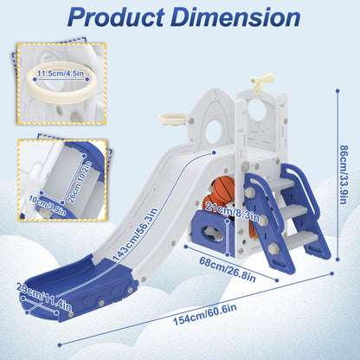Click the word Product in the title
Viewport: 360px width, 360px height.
116,17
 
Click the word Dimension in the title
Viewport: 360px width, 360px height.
235,17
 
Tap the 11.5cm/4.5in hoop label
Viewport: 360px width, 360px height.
61,74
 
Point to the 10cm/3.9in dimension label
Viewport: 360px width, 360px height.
48,205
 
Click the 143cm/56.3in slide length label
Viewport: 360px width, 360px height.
136,235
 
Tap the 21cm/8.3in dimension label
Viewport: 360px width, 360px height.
232,211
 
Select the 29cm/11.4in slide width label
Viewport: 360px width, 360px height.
44,297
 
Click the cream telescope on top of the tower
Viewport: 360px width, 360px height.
261,81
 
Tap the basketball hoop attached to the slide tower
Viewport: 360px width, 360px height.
172,119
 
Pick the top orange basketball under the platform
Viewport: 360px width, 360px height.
223,188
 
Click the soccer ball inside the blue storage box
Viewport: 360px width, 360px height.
210,233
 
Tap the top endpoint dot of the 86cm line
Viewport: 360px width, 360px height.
337,91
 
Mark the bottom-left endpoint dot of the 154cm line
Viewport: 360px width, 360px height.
60,344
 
